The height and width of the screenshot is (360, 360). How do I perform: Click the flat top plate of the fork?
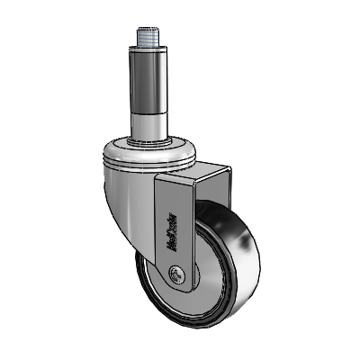[x=193, y=169]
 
